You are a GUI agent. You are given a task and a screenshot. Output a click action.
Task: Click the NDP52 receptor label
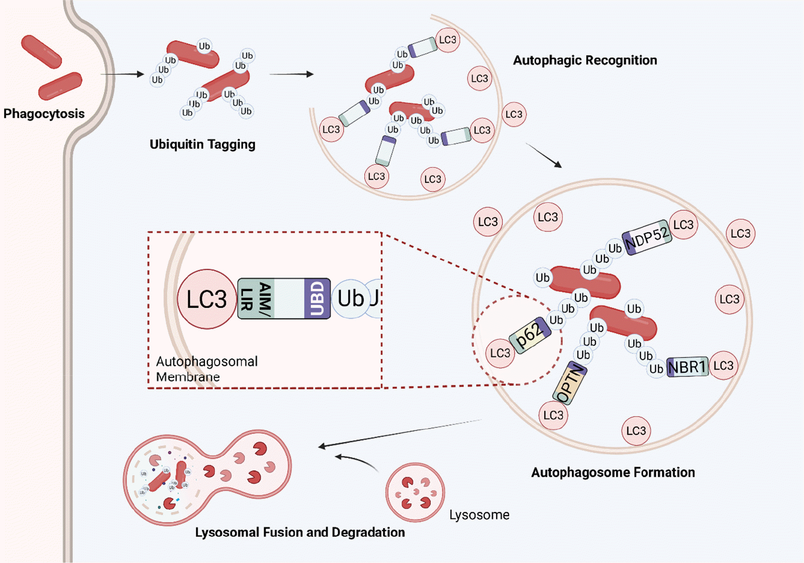[647, 237]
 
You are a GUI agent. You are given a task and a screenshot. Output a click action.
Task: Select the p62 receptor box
[530, 335]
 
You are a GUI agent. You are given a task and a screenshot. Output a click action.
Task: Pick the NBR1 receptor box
[687, 367]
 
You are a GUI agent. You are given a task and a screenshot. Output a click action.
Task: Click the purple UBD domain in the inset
[317, 299]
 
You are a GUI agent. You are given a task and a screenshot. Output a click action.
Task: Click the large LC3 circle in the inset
[207, 299]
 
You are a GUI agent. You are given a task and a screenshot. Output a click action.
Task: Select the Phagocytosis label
[44, 114]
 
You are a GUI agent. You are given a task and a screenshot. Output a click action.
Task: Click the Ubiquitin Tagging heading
[203, 144]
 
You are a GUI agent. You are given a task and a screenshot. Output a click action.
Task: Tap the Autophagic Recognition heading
[585, 60]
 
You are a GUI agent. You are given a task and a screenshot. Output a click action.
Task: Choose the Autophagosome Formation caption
[613, 472]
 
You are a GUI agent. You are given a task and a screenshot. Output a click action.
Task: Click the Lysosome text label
[479, 515]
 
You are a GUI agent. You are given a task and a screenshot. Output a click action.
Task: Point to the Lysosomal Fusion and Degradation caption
[300, 532]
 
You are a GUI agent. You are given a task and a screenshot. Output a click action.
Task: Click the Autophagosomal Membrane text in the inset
[206, 369]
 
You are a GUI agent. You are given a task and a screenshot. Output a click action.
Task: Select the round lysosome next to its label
[415, 492]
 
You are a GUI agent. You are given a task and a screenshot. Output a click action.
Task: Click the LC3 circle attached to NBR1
[723, 366]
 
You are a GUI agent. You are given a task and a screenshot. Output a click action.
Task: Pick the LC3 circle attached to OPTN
[553, 415]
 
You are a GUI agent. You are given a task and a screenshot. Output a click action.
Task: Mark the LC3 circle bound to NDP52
[683, 225]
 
